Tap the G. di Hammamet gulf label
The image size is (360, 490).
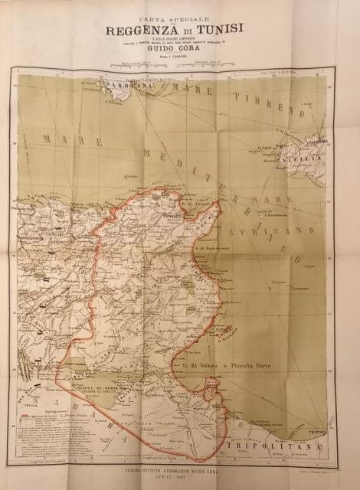tap(219, 247)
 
